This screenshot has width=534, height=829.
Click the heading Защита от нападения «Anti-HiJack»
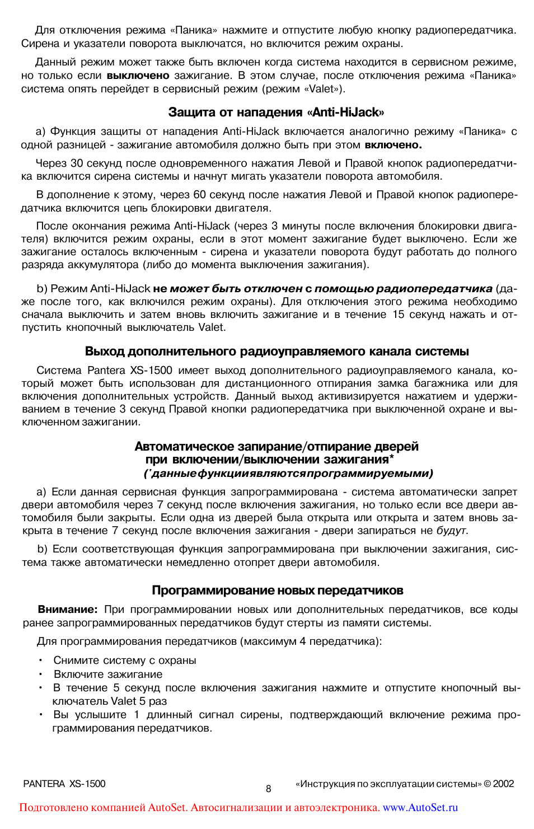click(x=276, y=113)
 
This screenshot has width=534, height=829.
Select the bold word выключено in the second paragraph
click(x=138, y=76)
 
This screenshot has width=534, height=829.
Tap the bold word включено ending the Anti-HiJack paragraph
click(x=393, y=145)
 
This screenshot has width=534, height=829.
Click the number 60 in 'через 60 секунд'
click(x=199, y=195)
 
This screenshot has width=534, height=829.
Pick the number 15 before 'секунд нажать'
click(x=398, y=315)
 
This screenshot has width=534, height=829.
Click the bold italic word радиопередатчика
click(x=434, y=289)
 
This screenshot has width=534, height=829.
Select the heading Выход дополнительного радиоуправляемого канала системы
click(x=277, y=352)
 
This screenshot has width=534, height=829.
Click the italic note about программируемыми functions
click(x=288, y=474)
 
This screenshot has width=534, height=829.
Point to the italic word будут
click(x=452, y=531)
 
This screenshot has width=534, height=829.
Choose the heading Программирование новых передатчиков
click(x=277, y=591)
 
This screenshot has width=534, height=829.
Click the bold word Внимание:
click(x=67, y=610)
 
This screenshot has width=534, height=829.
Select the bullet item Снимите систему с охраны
click(x=124, y=661)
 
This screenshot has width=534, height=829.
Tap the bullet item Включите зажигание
click(x=107, y=675)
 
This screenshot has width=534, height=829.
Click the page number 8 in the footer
click(x=268, y=789)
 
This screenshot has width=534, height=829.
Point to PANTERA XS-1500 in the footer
click(x=64, y=784)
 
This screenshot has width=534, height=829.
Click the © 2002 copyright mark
click(x=499, y=784)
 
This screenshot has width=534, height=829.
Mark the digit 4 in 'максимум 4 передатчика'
click(x=302, y=641)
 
